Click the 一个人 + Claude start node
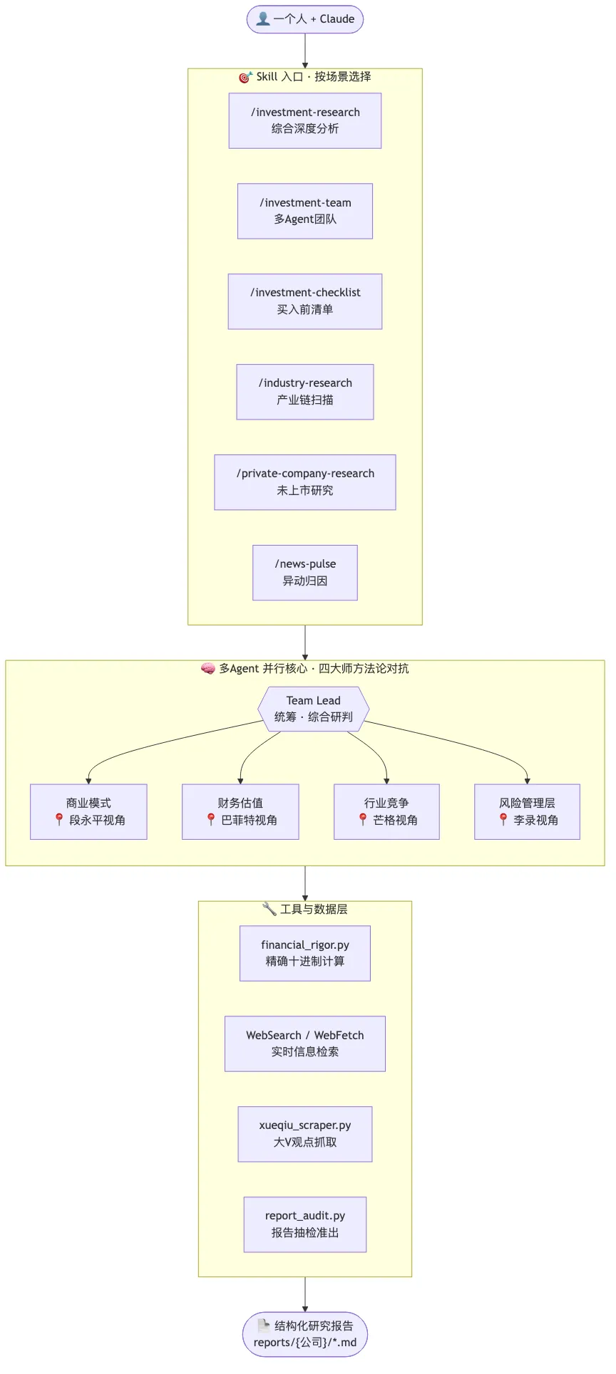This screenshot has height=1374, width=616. click(305, 19)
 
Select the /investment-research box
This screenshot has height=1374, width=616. click(305, 120)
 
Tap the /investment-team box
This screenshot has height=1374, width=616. click(305, 211)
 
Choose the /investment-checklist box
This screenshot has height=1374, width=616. click(305, 301)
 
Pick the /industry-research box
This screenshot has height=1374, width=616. click(305, 392)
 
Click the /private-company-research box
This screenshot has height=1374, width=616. click(305, 482)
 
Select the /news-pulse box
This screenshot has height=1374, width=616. click(305, 573)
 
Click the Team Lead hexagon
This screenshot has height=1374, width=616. click(314, 709)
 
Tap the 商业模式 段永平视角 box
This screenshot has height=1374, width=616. click(88, 812)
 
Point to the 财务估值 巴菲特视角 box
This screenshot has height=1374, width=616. click(240, 812)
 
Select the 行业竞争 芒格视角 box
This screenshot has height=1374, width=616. click(386, 812)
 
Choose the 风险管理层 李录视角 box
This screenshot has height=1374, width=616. click(527, 812)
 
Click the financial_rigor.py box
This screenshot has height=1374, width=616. click(305, 953)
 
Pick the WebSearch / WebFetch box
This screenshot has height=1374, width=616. click(305, 1043)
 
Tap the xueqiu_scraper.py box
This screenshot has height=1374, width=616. click(305, 1134)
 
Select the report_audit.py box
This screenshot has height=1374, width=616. click(305, 1224)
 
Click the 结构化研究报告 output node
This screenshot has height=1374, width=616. click(305, 1334)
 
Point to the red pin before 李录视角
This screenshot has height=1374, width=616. click(503, 820)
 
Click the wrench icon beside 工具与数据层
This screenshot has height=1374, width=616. click(269, 909)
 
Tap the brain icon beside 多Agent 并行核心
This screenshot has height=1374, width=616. click(208, 669)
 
